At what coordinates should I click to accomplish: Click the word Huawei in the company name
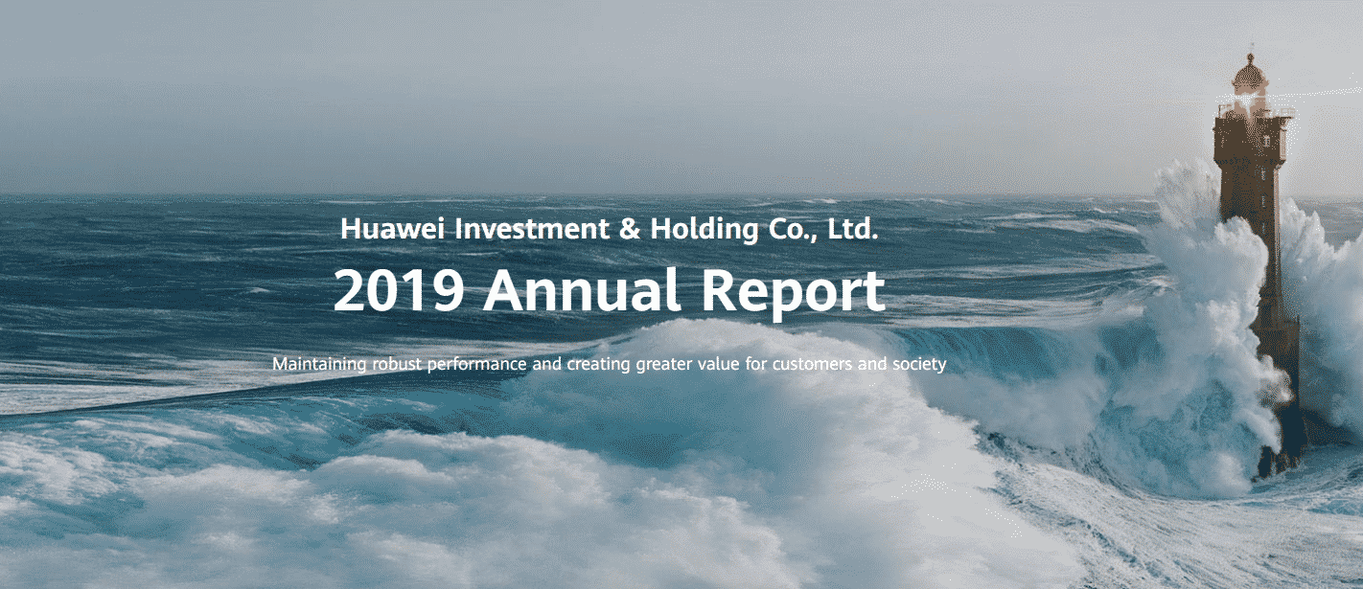point(392,229)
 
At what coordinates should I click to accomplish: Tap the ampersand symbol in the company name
point(630,229)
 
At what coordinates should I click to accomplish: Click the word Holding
point(705,230)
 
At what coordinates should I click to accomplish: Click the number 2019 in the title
point(399,289)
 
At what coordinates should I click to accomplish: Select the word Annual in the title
point(581,289)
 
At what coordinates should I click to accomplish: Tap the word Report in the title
point(793,293)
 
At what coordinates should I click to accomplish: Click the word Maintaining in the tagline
point(319,364)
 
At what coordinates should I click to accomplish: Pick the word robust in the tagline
point(397,364)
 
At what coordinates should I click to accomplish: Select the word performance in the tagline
point(476,365)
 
